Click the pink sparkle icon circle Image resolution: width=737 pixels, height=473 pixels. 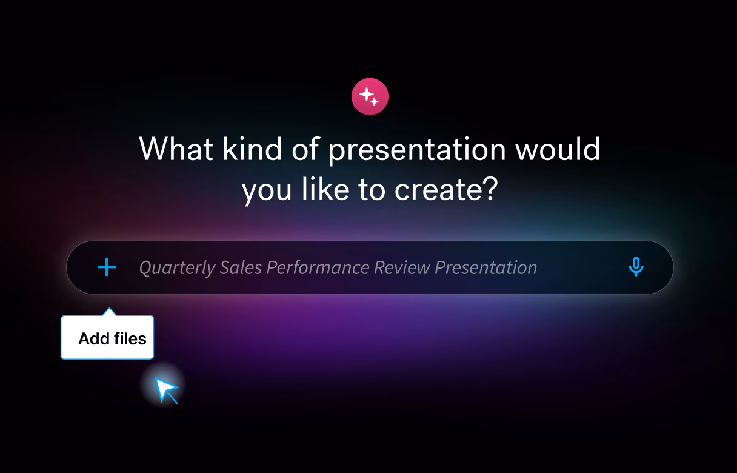[x=370, y=96]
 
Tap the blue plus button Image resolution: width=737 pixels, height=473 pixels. [x=107, y=267]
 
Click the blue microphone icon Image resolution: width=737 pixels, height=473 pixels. [x=636, y=266]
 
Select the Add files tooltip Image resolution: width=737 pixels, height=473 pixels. [x=107, y=337]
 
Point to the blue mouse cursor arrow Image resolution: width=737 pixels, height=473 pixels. [x=166, y=390]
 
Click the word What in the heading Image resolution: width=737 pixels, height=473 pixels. [x=176, y=149]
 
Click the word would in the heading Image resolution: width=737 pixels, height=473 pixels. [x=558, y=149]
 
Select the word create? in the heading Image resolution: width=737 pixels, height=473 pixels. [x=446, y=189]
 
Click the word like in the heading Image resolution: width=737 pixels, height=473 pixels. [x=325, y=189]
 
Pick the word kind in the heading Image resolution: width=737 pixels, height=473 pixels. [x=252, y=149]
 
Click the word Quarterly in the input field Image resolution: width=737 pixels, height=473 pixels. [x=177, y=267]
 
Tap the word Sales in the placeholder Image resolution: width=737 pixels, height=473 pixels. [x=241, y=267]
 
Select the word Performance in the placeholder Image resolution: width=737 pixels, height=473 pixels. [x=318, y=267]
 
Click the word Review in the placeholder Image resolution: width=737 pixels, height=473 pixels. [x=402, y=267]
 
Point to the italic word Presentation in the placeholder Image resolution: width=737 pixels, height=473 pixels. [x=486, y=267]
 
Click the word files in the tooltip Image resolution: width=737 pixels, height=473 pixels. [x=130, y=339]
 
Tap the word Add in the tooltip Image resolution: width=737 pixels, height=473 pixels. [x=94, y=339]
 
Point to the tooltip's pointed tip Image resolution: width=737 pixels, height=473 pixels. [x=109, y=308]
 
